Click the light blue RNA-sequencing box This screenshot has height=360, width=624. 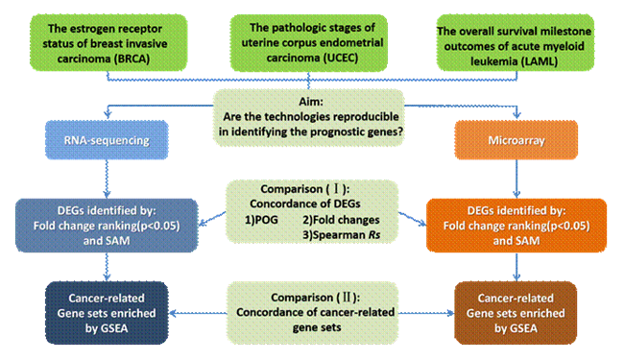(107, 140)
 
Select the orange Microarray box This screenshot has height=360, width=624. (516, 140)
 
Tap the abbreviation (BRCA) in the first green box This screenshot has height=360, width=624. (132, 59)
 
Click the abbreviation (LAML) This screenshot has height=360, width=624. (538, 61)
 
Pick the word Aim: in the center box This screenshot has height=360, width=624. (311, 102)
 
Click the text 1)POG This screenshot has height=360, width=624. (261, 220)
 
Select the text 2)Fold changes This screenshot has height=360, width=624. (341, 220)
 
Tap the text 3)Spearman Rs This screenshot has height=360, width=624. (341, 235)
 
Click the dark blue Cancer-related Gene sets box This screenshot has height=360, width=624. (107, 313)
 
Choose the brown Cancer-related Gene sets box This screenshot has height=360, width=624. (516, 313)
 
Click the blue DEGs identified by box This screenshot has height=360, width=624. (107, 226)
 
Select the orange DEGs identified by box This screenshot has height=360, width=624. (516, 226)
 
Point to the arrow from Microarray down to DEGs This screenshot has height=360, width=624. (516, 179)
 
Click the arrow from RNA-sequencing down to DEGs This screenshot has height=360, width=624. (107, 179)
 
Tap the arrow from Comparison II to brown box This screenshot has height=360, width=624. (426, 313)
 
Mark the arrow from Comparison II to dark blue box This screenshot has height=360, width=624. (198, 313)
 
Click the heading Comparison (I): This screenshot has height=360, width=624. (305, 189)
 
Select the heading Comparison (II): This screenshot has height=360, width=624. (316, 298)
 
